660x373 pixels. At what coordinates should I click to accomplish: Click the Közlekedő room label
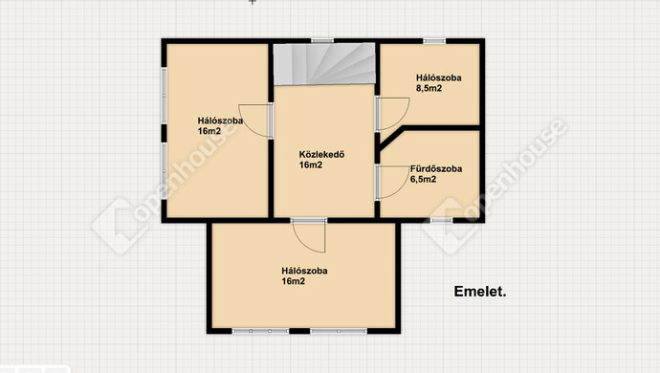321,155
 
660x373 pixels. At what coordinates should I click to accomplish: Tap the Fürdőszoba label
436,169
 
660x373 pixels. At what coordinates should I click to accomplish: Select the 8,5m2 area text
429,88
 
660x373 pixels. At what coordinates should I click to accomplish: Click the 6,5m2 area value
423,180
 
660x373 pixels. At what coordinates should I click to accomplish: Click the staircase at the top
324,63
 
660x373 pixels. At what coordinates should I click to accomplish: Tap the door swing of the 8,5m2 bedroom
393,114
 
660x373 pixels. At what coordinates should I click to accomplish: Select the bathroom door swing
393,182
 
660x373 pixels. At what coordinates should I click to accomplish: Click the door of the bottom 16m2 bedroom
309,236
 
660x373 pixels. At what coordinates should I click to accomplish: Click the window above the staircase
322,41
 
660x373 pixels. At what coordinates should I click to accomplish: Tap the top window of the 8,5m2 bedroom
434,41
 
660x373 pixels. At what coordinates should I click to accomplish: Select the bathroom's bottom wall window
442,220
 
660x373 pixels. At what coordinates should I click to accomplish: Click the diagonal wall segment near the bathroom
390,138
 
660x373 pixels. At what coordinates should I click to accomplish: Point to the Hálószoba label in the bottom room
305,271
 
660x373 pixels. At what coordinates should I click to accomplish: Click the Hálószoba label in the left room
220,121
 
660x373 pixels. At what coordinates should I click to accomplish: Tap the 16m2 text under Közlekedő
311,165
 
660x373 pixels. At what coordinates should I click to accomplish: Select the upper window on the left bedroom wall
165,95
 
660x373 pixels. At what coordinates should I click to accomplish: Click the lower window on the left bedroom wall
165,169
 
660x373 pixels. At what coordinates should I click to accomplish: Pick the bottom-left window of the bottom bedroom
261,331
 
